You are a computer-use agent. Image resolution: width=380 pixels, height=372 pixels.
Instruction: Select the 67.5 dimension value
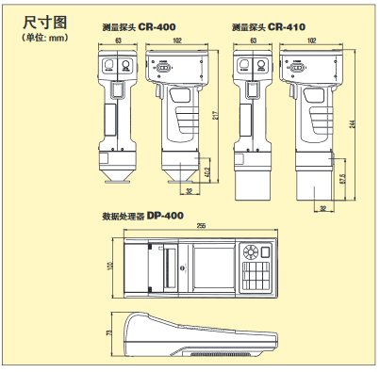[342, 177]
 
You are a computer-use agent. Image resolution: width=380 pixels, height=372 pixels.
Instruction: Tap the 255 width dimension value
[201, 226]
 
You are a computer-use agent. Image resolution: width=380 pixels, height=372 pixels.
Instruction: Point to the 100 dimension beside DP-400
[109, 267]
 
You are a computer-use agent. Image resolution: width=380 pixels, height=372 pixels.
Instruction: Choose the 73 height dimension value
[109, 332]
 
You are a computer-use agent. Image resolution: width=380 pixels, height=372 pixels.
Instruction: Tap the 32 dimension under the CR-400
[189, 191]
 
